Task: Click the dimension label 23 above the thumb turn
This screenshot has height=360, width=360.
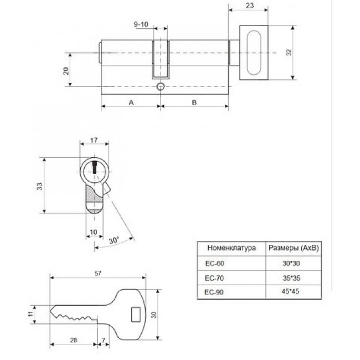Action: (250, 6)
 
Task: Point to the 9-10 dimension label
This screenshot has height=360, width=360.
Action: (141, 24)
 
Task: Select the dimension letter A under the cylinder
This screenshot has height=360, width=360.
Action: (131, 102)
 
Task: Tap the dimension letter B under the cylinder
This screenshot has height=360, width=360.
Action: (194, 102)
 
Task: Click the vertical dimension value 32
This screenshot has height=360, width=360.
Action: (289, 53)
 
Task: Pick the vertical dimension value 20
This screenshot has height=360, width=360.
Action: (66, 71)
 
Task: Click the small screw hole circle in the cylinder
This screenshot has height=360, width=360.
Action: (161, 87)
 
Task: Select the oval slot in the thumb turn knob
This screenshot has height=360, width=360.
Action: (254, 53)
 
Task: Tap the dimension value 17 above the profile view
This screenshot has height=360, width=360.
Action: (94, 140)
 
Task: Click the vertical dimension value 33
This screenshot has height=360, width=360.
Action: (40, 186)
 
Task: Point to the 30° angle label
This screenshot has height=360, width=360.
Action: (114, 240)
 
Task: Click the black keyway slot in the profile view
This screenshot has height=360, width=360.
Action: (94, 167)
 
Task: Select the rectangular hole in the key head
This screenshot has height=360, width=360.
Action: (136, 315)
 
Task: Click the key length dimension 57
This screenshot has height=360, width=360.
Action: (98, 273)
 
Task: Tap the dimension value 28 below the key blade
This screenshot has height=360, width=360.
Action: (74, 340)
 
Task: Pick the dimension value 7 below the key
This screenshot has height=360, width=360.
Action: (103, 340)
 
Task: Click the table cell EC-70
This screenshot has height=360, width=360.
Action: (214, 278)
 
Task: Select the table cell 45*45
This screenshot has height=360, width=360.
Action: (290, 291)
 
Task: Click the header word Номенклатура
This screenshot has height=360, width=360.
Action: (232, 248)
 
